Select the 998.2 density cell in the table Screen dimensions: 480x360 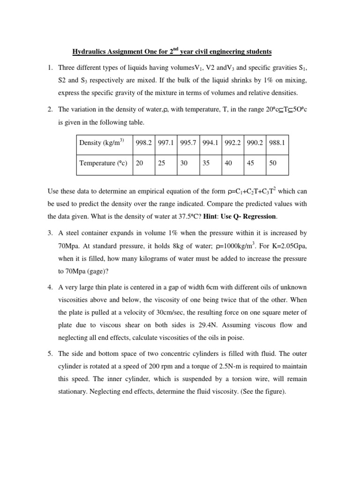tap(143, 142)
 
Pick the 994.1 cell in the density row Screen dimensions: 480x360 tap(210, 142)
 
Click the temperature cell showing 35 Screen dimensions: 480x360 tap(206, 164)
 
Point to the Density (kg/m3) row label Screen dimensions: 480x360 tap(101, 142)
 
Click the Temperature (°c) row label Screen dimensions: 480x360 tap(103, 164)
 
